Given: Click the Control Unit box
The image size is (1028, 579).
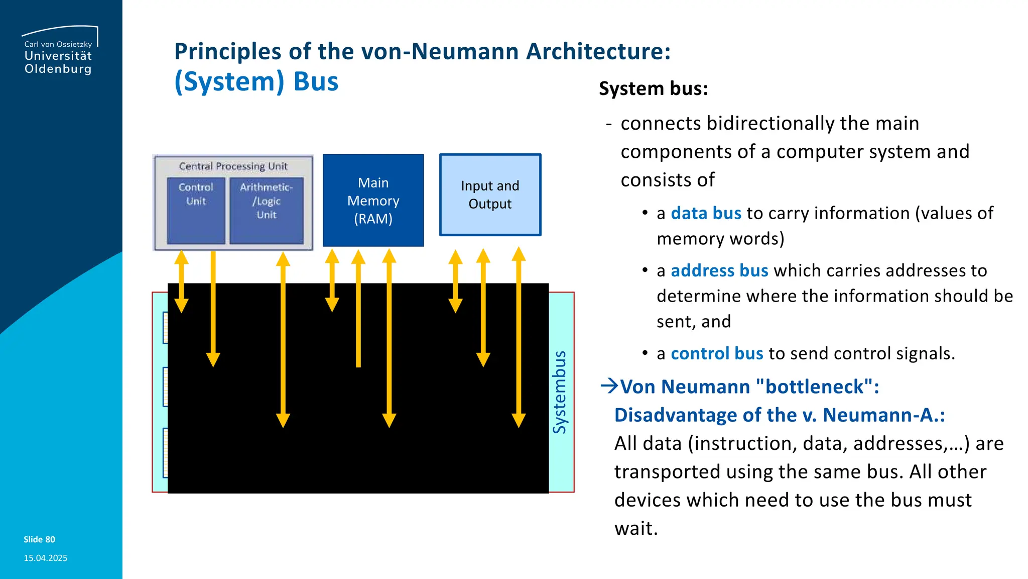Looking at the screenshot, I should pos(196,211).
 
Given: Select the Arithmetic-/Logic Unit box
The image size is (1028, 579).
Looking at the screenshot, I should pos(267,211).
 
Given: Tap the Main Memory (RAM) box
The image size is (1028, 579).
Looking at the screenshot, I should pos(373,201).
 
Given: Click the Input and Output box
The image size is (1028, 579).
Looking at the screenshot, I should pos(490,195).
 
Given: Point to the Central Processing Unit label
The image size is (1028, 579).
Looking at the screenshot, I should pos(233,166).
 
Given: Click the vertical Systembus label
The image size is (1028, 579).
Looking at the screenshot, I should pos(560,392).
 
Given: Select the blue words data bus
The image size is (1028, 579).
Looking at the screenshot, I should pos(706,214).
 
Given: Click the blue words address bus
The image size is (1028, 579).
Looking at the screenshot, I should pos(719,271).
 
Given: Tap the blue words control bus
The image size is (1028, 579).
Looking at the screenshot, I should pos(717,354).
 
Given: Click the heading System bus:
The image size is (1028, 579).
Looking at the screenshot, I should pos(653,89).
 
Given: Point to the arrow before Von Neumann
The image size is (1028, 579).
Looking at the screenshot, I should pos(609,386).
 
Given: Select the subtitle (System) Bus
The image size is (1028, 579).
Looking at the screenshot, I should pos(256,82).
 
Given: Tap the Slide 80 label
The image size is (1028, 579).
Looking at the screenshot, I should pos(39,539).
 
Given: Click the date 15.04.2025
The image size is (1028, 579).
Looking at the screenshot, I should pos(45,558).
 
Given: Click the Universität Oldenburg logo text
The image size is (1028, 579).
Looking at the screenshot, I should pos(58,62).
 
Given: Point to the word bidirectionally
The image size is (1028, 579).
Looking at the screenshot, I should pos(770,124).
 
